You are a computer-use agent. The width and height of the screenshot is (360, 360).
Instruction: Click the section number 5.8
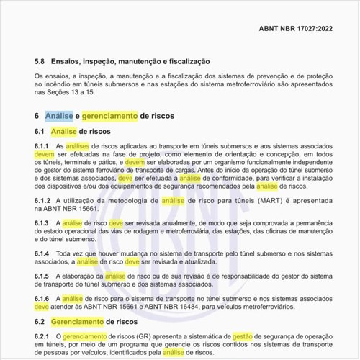[x=40, y=63]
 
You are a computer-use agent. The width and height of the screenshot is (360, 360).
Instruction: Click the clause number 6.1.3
[x=42, y=223]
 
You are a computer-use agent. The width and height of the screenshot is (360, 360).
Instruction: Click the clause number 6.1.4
[x=42, y=255]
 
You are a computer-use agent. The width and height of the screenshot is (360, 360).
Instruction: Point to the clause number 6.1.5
[x=42, y=277]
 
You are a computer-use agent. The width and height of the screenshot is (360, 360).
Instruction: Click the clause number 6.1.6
[x=42, y=297]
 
